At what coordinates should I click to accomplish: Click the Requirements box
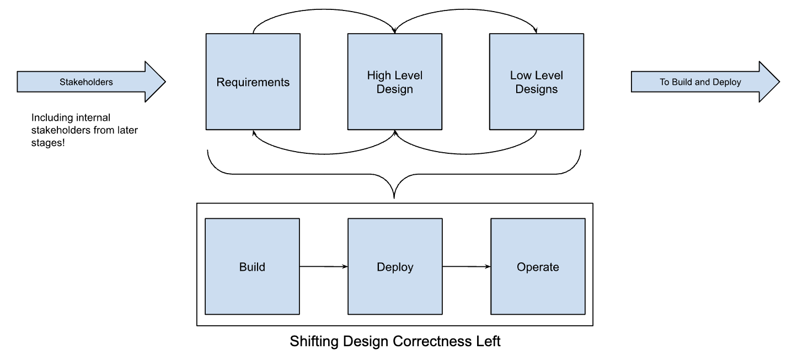pos(253,82)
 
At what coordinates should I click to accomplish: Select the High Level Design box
pos(394,82)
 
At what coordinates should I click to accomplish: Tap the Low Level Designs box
pos(536,82)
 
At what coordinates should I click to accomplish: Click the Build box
pos(252,267)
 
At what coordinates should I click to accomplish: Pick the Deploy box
pos(394,267)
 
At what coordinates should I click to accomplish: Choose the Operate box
pos(538,267)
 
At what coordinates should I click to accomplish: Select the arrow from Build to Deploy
pos(323,267)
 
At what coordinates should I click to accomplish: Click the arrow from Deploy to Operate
pos(466,267)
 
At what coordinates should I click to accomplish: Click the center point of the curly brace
pos(394,187)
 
